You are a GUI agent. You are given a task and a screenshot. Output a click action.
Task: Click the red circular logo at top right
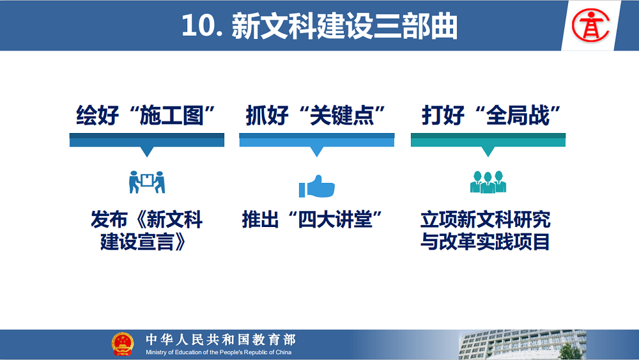click(590, 26)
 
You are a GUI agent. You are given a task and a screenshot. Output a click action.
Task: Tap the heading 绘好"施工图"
click(146, 115)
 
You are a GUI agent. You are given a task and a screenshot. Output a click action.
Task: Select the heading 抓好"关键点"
click(316, 115)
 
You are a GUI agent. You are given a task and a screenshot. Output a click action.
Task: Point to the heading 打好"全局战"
click(491, 115)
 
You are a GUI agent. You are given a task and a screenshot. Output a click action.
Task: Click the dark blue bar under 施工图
click(147, 140)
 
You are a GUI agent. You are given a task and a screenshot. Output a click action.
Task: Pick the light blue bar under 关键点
click(317, 140)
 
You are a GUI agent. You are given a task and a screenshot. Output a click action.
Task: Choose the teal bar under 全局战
click(488, 140)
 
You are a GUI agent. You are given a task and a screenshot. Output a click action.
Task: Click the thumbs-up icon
click(317, 186)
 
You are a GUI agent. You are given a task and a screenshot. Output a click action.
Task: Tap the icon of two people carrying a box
click(147, 182)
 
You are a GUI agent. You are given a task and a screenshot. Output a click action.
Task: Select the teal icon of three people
click(488, 182)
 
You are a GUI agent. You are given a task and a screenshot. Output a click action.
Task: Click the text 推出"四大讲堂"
click(312, 219)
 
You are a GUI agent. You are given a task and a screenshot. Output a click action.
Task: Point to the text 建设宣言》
click(143, 241)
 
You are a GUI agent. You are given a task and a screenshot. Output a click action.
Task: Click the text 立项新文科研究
click(486, 219)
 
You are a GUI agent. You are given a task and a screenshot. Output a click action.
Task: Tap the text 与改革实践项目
click(486, 241)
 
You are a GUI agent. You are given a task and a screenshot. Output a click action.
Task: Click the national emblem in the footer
click(123, 344)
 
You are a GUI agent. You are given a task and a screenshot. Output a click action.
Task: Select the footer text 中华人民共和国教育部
click(221, 339)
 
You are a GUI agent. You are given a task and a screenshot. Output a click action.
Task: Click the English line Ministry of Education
click(219, 352)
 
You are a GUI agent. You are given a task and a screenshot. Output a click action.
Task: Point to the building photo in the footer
click(523, 345)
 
